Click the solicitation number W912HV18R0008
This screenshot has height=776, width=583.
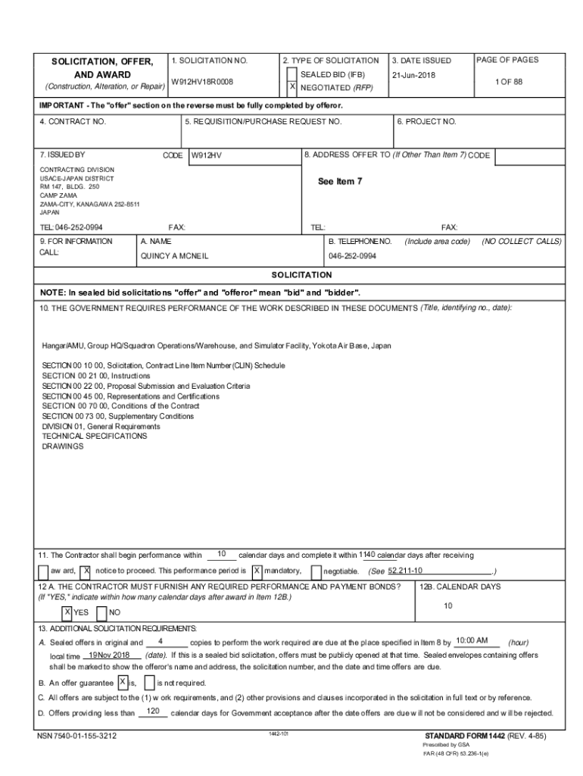[x=201, y=81]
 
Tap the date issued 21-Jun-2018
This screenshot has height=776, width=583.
[x=413, y=75]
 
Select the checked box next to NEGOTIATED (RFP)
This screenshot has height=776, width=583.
[x=292, y=87]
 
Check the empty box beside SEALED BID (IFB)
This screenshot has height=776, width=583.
[x=292, y=74]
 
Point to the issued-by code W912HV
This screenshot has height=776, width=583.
[x=206, y=155]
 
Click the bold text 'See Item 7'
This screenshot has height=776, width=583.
[x=340, y=181]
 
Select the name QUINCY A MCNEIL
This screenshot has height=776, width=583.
[x=174, y=256]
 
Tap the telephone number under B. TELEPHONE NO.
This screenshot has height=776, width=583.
[x=352, y=256]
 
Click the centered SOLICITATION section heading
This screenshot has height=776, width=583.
[x=301, y=274]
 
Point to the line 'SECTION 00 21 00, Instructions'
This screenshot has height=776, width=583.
[x=96, y=375]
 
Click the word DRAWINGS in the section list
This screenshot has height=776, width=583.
[x=63, y=446]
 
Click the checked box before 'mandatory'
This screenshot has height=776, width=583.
[x=257, y=571]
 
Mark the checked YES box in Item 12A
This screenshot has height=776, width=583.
[x=67, y=612]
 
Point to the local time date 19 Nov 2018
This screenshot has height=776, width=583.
[x=110, y=655]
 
